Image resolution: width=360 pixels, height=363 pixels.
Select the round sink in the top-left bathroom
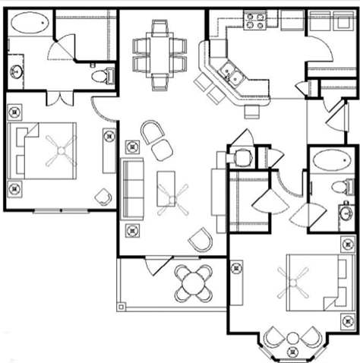[16, 72]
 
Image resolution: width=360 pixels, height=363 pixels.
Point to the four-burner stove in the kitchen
[255, 20]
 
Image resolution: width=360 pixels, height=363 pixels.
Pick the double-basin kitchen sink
[231, 75]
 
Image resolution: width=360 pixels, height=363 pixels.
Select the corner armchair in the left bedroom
[103, 197]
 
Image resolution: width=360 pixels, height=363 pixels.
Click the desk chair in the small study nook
[243, 157]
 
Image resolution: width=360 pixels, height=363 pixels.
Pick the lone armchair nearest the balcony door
[201, 240]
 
